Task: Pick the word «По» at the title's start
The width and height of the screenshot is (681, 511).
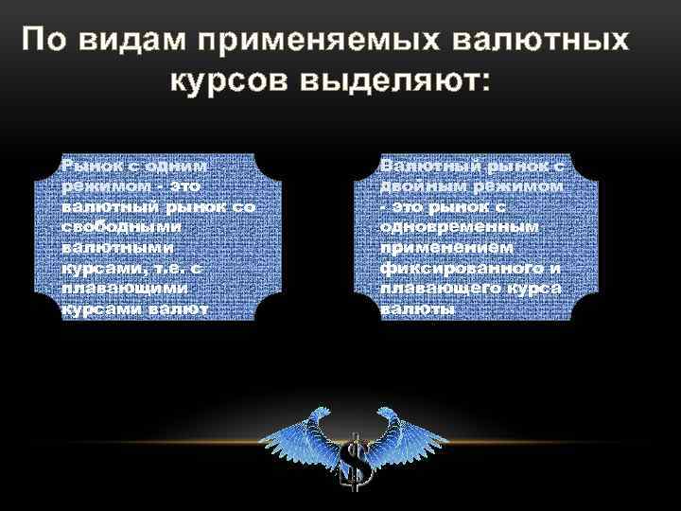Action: (44, 42)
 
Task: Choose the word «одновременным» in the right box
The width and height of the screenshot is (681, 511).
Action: (460, 227)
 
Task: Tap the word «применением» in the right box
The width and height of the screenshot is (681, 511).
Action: (449, 248)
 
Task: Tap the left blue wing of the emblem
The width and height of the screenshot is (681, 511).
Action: (299, 435)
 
